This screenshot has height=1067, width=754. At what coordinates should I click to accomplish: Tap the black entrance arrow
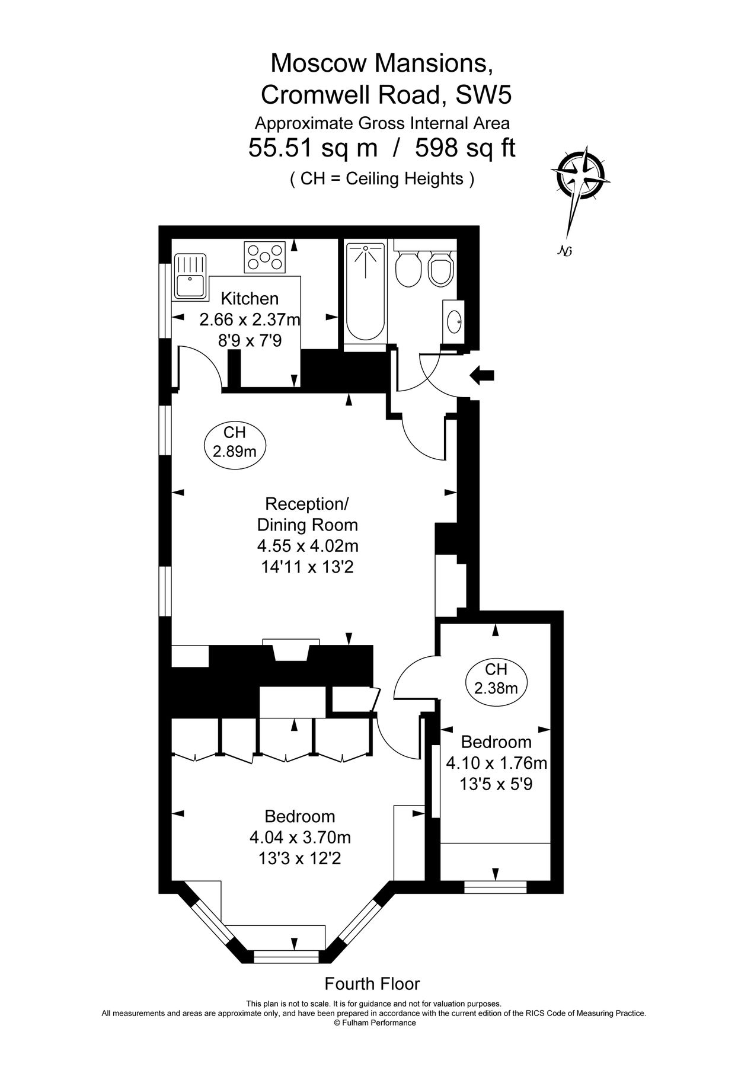pyautogui.click(x=482, y=375)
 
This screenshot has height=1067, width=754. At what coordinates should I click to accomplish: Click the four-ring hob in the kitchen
pyautogui.click(x=265, y=257)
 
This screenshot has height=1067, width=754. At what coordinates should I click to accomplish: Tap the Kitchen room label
pyautogui.click(x=250, y=298)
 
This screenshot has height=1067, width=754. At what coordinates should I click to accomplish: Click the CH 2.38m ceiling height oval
pyautogui.click(x=496, y=679)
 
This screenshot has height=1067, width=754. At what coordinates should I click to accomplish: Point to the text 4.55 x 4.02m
pyautogui.click(x=308, y=545)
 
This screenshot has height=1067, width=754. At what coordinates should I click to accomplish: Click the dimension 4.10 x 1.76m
pyautogui.click(x=496, y=763)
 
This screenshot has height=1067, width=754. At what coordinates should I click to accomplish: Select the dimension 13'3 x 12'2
pyautogui.click(x=300, y=858)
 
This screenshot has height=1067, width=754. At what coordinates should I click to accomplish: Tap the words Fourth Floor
pyautogui.click(x=372, y=983)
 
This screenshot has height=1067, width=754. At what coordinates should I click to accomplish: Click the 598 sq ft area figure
pyautogui.click(x=465, y=148)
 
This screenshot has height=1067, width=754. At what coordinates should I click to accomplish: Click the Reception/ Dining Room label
pyautogui.click(x=308, y=514)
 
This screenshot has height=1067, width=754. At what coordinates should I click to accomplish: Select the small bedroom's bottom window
pyautogui.click(x=495, y=887)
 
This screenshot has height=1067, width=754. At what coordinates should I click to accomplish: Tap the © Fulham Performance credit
pyautogui.click(x=375, y=1023)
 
